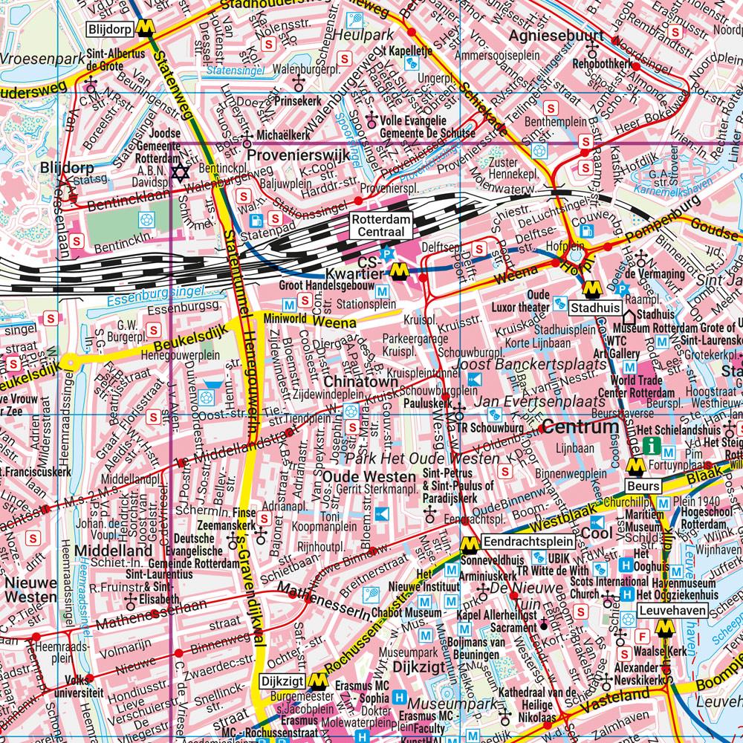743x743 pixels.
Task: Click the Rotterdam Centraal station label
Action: (x=380, y=227)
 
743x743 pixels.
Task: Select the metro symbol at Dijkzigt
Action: (x=319, y=681)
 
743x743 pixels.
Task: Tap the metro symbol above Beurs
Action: (x=635, y=467)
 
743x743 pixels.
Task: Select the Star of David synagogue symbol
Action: (x=178, y=172)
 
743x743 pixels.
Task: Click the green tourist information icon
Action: (x=652, y=447)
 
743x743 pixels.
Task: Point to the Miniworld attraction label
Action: (x=285, y=318)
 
